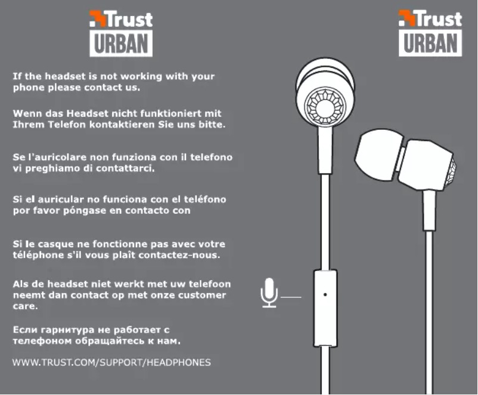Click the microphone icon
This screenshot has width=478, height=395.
[x=269, y=293]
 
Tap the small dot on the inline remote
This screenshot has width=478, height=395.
[x=325, y=295]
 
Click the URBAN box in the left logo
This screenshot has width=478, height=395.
[x=121, y=43]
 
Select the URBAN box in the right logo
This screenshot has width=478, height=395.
[x=430, y=43]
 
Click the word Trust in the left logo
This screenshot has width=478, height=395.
[x=129, y=20]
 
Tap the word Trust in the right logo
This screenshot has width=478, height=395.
[x=439, y=19]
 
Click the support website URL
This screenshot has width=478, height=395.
[x=111, y=362]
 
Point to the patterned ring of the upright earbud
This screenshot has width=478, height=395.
[x=325, y=108]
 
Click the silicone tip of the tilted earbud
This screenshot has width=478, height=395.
[x=379, y=154]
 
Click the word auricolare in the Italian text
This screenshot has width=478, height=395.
[x=57, y=157]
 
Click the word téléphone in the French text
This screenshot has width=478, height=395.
[x=38, y=256]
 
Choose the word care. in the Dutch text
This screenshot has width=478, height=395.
[x=25, y=306]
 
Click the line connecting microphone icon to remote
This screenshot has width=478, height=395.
[x=291, y=297]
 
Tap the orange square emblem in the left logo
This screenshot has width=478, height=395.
[x=98, y=18]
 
